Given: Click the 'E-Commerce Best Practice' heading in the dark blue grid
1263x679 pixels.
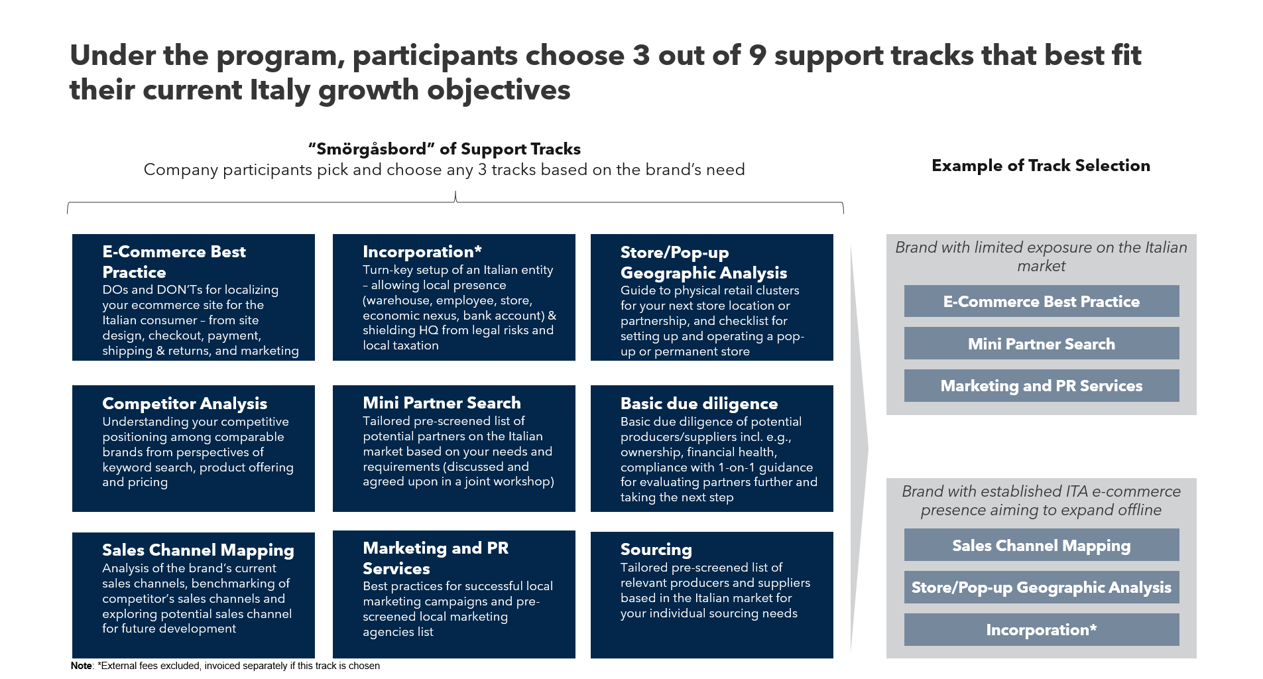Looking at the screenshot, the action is [x=174, y=262].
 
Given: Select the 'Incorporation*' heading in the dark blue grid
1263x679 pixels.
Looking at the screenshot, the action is [x=422, y=252].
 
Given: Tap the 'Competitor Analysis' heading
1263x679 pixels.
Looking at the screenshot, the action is [x=184, y=404].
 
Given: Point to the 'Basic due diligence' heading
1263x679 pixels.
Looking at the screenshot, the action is [x=699, y=404].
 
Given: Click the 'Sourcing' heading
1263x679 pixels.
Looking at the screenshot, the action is [x=656, y=550].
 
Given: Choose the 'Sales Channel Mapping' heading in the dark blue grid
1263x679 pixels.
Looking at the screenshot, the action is [x=198, y=550].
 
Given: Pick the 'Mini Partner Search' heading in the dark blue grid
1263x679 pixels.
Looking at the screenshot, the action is [x=442, y=403].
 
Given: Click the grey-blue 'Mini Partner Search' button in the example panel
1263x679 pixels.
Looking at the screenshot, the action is [x=1042, y=343].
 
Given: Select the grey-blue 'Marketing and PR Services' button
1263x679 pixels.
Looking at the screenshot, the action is [x=1042, y=386].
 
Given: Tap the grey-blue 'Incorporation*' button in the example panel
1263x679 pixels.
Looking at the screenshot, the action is [x=1042, y=630].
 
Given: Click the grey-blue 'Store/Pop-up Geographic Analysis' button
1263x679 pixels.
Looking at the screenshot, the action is [x=1042, y=587].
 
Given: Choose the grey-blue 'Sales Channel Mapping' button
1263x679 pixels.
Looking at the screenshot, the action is [x=1042, y=545].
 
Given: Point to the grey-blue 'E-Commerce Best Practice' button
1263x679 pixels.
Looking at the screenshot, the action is [x=1042, y=301].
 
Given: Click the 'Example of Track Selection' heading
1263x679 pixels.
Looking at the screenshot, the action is [x=1041, y=166].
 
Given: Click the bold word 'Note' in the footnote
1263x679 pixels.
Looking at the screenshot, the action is [x=81, y=666].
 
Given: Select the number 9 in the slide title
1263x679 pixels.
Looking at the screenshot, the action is [x=757, y=56].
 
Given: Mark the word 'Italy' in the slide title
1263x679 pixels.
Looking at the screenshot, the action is [x=279, y=90].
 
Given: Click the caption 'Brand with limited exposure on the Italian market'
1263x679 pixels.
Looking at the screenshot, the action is [x=1041, y=257].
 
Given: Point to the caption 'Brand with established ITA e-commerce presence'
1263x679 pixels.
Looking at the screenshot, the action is [x=1041, y=501].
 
